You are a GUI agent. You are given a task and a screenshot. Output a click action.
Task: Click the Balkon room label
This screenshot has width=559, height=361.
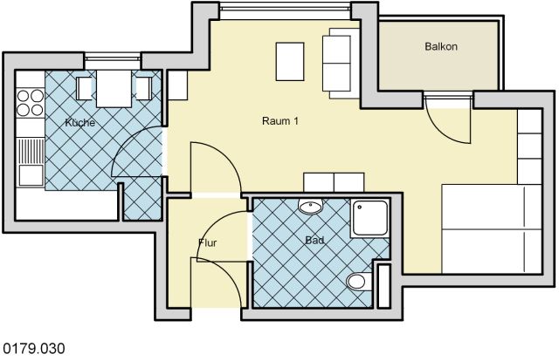pos(441,46)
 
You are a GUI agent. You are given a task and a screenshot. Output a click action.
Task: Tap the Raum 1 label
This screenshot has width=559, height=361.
pos(280,121)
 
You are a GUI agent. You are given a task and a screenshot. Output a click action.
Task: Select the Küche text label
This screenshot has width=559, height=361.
pos(80,122)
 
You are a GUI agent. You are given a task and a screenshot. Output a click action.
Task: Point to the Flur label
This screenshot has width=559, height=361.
pos(208,242)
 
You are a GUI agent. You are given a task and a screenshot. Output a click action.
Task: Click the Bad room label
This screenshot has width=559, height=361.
pos(314,241)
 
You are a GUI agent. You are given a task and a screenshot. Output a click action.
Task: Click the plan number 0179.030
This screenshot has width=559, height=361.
pos(34,348)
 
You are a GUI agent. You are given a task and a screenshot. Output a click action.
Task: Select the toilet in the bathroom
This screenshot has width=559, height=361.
pos(359,282)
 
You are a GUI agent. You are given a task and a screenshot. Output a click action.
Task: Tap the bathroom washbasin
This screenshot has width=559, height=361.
pos(311,206)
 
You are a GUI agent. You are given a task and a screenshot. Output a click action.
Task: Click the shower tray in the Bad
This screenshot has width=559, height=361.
pos(369,218)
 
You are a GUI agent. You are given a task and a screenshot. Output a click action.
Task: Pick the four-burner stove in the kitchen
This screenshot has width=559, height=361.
pos(31,103)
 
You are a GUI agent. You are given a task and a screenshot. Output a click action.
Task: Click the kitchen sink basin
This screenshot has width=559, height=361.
pos(31,175)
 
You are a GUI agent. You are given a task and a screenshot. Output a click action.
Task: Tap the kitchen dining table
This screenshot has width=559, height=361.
pos(114,88)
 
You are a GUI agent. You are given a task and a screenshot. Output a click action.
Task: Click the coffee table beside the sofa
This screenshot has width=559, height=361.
pos(290,62)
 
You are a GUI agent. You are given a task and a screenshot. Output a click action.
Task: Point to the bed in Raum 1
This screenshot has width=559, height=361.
pos(492,229)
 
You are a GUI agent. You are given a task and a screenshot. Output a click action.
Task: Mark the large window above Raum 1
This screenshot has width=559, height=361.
pos(286,11)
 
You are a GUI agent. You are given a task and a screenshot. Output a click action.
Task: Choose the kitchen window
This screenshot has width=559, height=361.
pos(113,61)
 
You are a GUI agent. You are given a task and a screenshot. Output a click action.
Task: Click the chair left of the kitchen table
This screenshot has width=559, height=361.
pos(84,88)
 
